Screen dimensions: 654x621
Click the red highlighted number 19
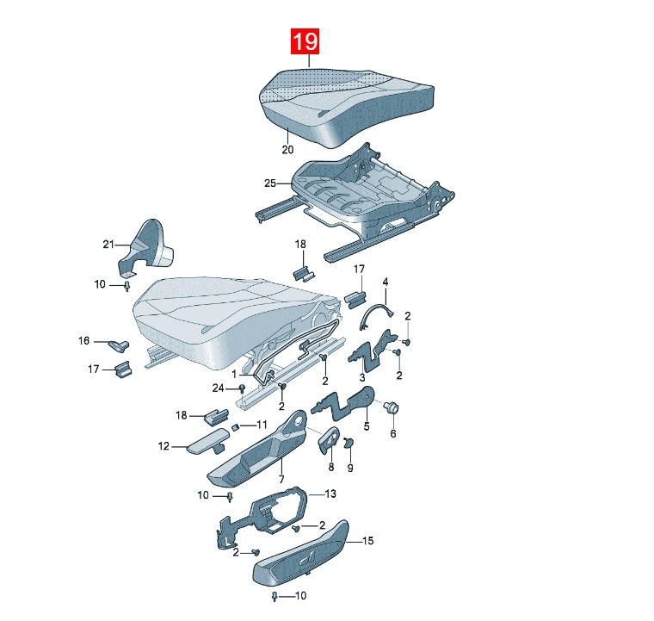coord(305,41)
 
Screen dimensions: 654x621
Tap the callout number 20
coord(287,149)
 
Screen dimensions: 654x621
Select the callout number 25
coord(270,183)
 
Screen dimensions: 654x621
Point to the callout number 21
coord(108,244)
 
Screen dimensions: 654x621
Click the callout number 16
coord(83,341)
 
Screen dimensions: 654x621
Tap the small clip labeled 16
coord(119,345)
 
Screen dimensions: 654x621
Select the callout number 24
coord(218,388)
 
